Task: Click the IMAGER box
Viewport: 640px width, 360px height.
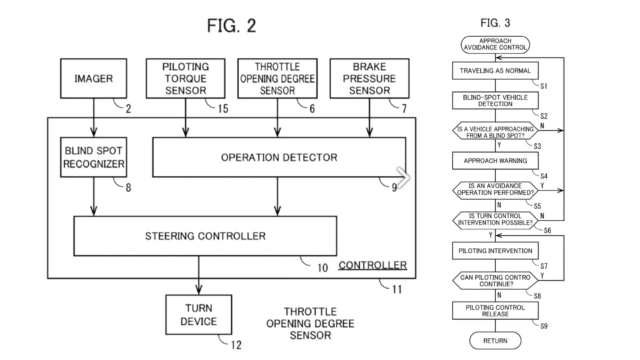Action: pyautogui.click(x=93, y=79)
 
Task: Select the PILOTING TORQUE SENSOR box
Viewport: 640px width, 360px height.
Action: pyautogui.click(x=186, y=79)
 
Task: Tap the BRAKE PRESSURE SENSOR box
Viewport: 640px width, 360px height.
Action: pyautogui.click(x=369, y=79)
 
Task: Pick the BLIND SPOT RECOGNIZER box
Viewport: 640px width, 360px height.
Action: pyautogui.click(x=93, y=157)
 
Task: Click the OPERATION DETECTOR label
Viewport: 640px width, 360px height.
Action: pyautogui.click(x=279, y=157)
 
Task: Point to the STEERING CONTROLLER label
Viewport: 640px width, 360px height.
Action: pyautogui.click(x=205, y=236)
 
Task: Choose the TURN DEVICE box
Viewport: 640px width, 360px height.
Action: pyautogui.click(x=199, y=315)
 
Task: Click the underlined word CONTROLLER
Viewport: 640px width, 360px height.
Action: pyautogui.click(x=373, y=265)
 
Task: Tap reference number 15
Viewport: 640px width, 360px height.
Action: pyautogui.click(x=223, y=109)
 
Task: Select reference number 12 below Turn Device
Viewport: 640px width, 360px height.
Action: pyautogui.click(x=236, y=345)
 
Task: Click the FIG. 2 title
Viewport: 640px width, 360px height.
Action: pyautogui.click(x=232, y=26)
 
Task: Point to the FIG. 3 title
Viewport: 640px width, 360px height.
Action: pyautogui.click(x=495, y=23)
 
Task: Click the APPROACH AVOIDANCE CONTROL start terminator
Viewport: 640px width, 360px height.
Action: pyautogui.click(x=495, y=44)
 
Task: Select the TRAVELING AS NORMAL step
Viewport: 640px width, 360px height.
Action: pyautogui.click(x=495, y=71)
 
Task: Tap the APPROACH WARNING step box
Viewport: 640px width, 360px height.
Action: pyautogui.click(x=495, y=161)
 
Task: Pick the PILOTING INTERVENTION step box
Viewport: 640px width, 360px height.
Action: pyautogui.click(x=495, y=251)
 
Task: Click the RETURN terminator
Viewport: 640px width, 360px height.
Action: pyautogui.click(x=495, y=341)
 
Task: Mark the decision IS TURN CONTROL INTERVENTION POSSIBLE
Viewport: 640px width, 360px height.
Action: pyautogui.click(x=495, y=219)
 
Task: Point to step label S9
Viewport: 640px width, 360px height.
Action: pyautogui.click(x=544, y=326)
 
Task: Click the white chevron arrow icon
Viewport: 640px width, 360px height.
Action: pyautogui.click(x=403, y=177)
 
